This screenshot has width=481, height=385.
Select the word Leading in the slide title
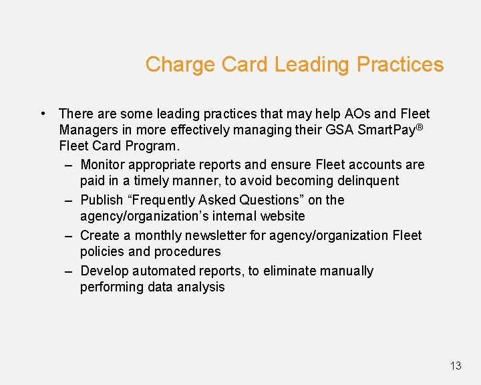pyautogui.click(x=312, y=65)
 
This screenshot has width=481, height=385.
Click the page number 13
pyautogui.click(x=456, y=366)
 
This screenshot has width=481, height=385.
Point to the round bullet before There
pyautogui.click(x=42, y=114)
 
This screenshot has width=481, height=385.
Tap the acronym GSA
pyautogui.click(x=337, y=130)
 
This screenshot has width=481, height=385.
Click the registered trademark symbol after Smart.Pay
pyautogui.click(x=420, y=127)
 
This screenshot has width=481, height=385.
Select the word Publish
pyautogui.click(x=102, y=200)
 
